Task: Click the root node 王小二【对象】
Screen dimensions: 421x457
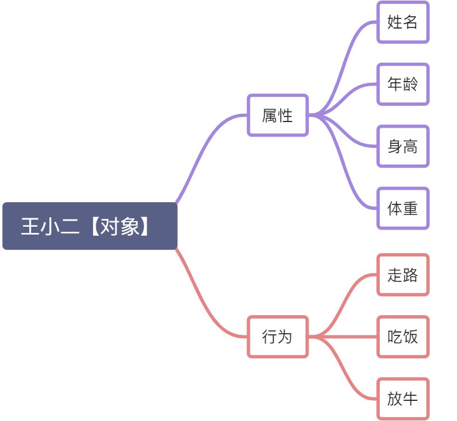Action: [90, 226]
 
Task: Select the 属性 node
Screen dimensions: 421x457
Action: [277, 115]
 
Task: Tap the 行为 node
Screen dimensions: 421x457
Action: [277, 337]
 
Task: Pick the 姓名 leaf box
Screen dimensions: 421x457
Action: [403, 22]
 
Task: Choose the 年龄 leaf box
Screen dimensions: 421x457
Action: [403, 85]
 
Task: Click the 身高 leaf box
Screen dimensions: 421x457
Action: [403, 147]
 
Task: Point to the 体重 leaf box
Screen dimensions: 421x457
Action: [403, 208]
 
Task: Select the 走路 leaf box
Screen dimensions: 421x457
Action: [403, 275]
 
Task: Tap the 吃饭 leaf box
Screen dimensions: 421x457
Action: [403, 337]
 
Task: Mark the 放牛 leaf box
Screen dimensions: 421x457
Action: [403, 399]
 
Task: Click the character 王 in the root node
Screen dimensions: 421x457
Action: [29, 226]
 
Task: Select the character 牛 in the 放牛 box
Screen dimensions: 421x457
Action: [411, 399]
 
